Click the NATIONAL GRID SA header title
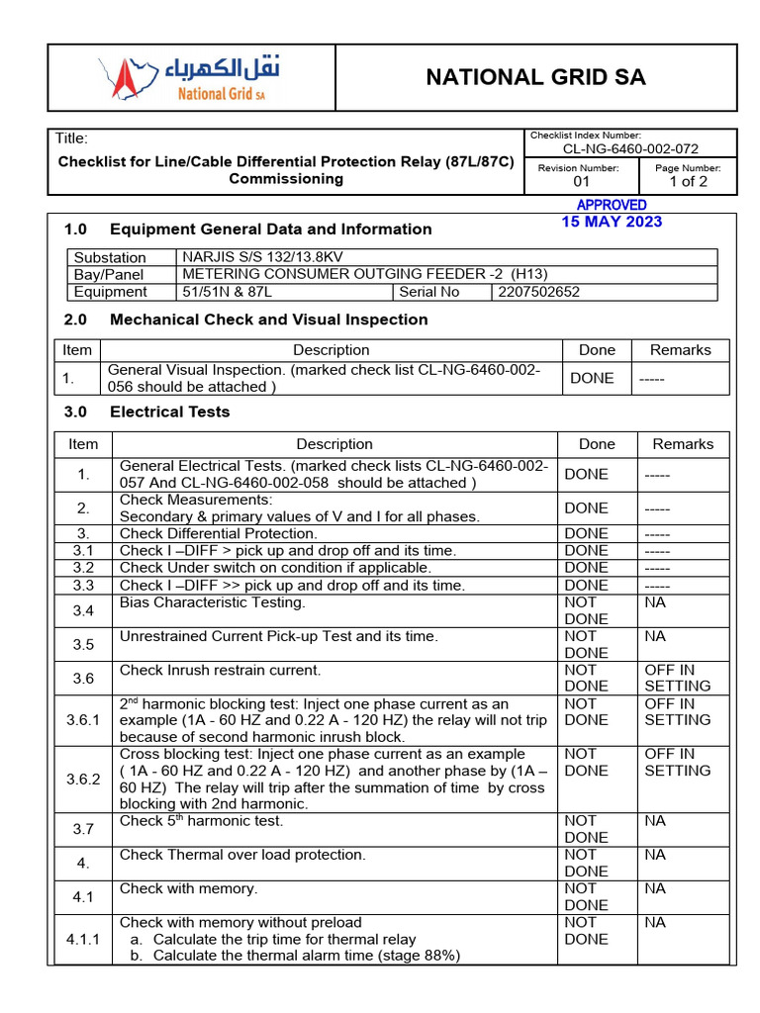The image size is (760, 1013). [x=535, y=78]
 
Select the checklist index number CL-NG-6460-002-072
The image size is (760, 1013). [x=630, y=148]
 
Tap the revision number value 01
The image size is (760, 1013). [x=581, y=182]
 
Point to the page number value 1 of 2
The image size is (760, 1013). [x=688, y=182]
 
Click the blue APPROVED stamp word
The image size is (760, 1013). [x=612, y=205]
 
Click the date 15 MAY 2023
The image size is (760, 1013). [x=612, y=222]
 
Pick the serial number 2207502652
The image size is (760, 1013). [x=538, y=292]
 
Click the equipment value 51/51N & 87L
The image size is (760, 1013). [x=228, y=292]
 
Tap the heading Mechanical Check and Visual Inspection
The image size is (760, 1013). [x=268, y=320]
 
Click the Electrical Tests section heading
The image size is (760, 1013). [x=169, y=412]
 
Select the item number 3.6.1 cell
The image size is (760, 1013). [x=83, y=720]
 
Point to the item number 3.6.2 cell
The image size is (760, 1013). [x=83, y=779]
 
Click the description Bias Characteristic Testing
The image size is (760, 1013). [x=212, y=602]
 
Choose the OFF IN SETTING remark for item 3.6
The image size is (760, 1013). [x=677, y=678]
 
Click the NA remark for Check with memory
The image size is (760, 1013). [x=655, y=888]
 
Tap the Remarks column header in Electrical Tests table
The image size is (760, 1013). [x=683, y=444]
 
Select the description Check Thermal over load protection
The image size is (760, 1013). [x=242, y=855]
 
